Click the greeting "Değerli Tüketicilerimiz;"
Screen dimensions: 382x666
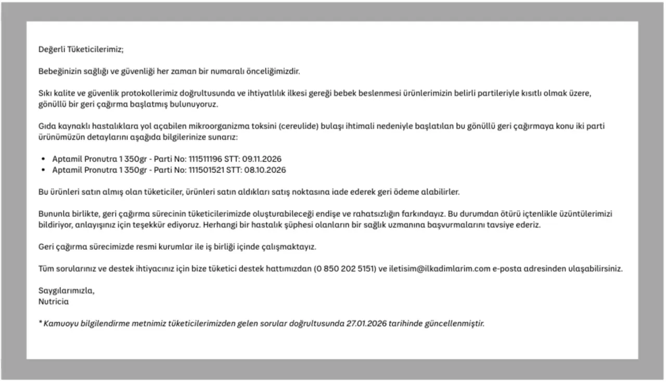pyautogui.click(x=81, y=50)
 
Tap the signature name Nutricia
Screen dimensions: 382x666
pyautogui.click(x=54, y=301)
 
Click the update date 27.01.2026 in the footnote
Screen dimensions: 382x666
pyautogui.click(x=367, y=323)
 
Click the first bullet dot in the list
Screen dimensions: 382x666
pyautogui.click(x=43, y=159)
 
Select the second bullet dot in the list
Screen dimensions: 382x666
pyautogui.click(x=43, y=170)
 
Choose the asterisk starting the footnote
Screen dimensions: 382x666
pyautogui.click(x=40, y=323)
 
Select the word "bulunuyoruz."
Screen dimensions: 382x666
pyautogui.click(x=196, y=104)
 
